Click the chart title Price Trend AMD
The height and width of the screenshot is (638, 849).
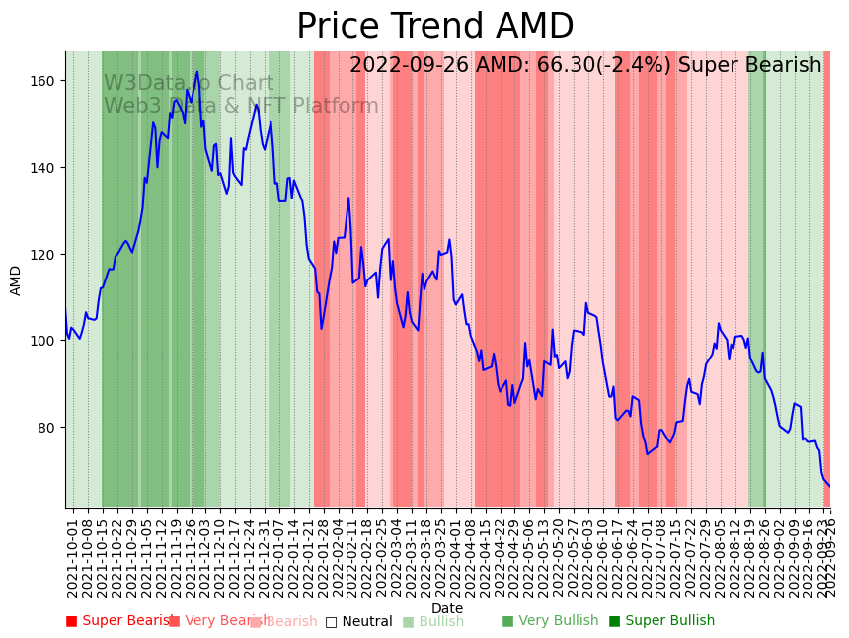tap(434, 27)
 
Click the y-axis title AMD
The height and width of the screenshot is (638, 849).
tap(16, 279)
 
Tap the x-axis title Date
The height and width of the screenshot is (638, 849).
tap(447, 609)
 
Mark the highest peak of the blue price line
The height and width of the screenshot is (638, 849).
tap(197, 71)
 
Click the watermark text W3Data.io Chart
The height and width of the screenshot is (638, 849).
tap(189, 84)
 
